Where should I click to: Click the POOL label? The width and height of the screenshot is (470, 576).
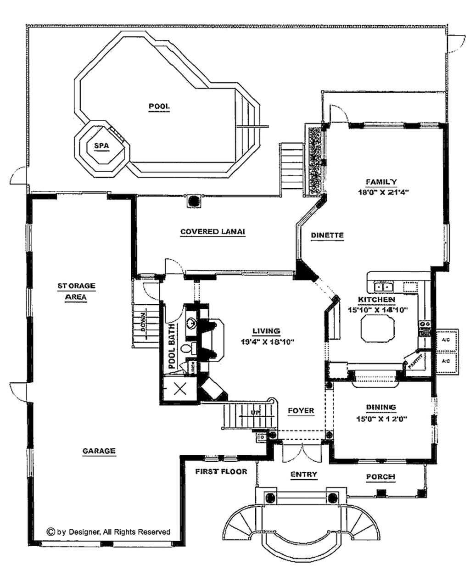tap(159, 106)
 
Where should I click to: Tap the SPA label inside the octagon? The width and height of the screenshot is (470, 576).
tap(101, 146)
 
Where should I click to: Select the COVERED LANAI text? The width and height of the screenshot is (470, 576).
tap(213, 232)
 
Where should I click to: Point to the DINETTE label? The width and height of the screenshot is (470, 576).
tap(327, 235)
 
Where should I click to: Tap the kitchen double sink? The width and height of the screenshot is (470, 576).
tap(384, 287)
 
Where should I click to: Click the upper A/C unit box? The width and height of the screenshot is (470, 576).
tap(445, 340)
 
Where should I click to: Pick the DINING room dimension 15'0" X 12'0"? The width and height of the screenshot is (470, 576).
tap(381, 419)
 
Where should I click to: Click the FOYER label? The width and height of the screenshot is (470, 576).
tap(301, 410)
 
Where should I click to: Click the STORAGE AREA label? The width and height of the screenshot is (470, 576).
tap(76, 291)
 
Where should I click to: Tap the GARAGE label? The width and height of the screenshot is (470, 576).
tap(99, 451)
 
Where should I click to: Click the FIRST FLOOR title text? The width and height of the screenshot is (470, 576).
tap(221, 471)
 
